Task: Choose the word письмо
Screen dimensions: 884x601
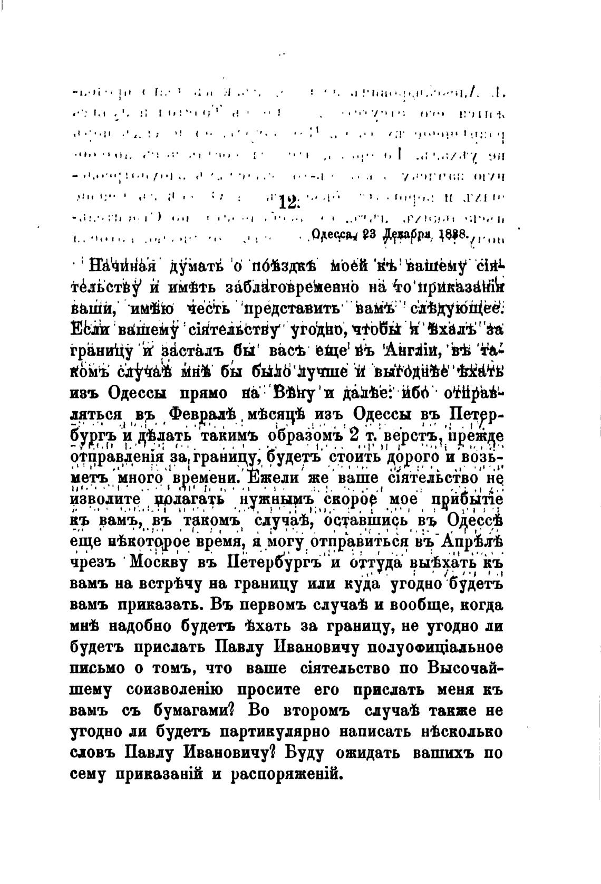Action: (98, 669)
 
